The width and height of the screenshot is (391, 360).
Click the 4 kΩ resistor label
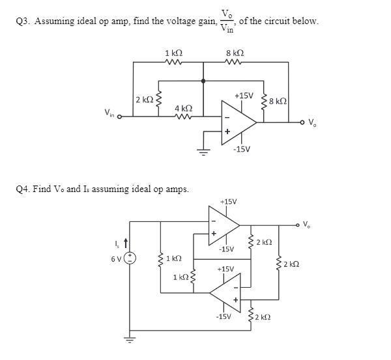pyautogui.click(x=183, y=107)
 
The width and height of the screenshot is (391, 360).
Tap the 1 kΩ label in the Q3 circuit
pyautogui.click(x=173, y=53)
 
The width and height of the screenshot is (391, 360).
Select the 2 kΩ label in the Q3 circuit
pyautogui.click(x=144, y=100)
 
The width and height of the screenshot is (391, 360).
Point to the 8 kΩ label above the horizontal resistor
pyautogui.click(x=235, y=53)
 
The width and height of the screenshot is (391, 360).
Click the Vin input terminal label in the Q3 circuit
pyautogui.click(x=109, y=113)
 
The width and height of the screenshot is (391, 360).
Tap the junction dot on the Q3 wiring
pyautogui.click(x=203, y=81)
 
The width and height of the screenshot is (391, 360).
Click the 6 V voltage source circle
pyautogui.click(x=130, y=258)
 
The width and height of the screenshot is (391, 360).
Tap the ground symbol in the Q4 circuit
pyautogui.click(x=130, y=339)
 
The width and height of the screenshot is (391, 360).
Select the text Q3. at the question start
pyautogui.click(x=23, y=21)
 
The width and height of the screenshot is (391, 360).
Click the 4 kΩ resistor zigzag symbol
pyautogui.click(x=182, y=118)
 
